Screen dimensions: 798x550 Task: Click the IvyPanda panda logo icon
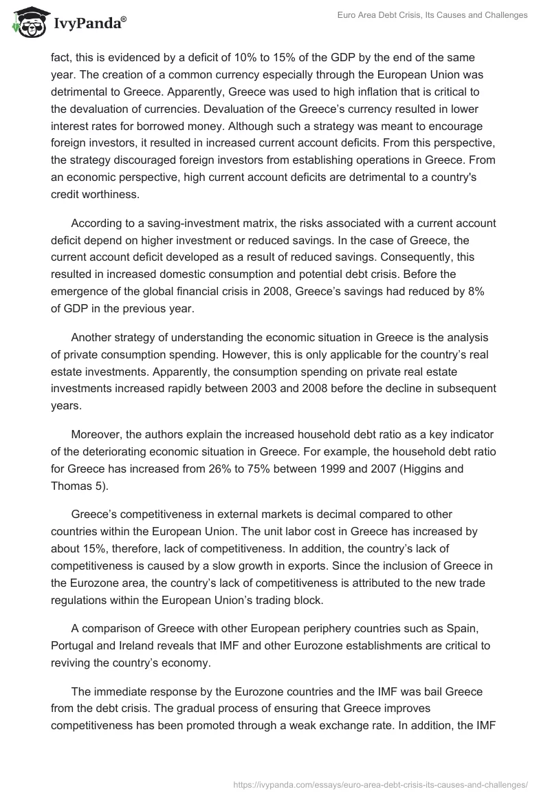pos(27,23)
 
